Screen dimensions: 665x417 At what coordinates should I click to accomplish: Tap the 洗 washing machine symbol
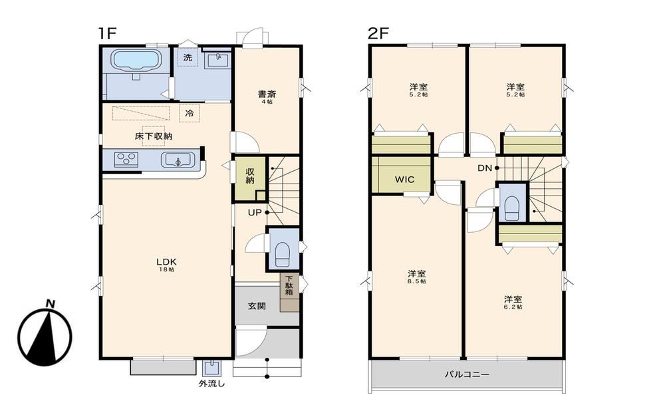[188, 57]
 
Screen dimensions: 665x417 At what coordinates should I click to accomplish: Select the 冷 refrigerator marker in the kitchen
[190, 113]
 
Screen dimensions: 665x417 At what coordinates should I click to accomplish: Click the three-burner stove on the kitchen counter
[126, 159]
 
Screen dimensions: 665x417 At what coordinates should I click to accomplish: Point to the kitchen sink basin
[178, 160]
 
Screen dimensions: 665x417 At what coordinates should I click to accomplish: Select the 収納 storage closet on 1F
[250, 178]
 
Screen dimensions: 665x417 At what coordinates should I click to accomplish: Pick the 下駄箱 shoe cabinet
[289, 292]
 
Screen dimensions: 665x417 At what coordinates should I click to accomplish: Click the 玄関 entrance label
[257, 306]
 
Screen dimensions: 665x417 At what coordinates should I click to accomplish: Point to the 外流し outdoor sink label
[211, 384]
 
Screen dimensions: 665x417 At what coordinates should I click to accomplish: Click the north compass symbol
[45, 334]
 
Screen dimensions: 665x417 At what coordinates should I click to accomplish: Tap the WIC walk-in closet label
[404, 179]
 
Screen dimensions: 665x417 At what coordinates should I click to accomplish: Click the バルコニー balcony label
[467, 374]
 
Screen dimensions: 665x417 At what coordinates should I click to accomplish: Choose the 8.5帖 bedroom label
[418, 277]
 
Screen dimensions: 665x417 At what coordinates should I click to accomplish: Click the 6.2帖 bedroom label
[513, 303]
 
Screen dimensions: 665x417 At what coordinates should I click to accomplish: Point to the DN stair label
[485, 168]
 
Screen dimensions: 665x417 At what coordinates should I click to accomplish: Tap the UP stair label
[255, 213]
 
